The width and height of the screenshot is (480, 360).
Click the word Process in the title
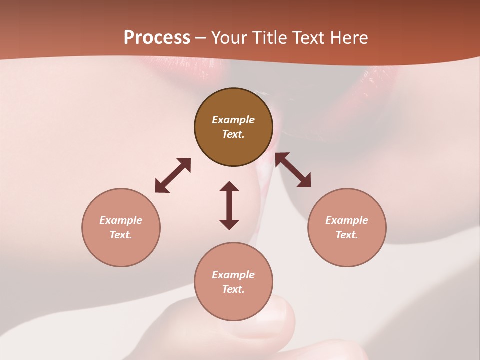pyautogui.click(x=157, y=38)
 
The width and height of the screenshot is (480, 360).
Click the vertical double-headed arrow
pyautogui.click(x=229, y=205)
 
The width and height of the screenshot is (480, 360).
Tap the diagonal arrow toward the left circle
pyautogui.click(x=173, y=175)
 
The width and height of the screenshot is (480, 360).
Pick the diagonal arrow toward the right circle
pyautogui.click(x=293, y=170)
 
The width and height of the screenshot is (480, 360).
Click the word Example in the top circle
pyautogui.click(x=233, y=120)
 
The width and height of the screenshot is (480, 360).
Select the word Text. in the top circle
pyautogui.click(x=233, y=134)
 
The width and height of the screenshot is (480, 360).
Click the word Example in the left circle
pyautogui.click(x=121, y=220)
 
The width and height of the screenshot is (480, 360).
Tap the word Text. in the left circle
pyautogui.click(x=121, y=235)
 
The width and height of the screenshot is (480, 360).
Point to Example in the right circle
pyautogui.click(x=347, y=220)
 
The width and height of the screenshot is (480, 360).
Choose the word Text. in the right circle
pyautogui.click(x=347, y=235)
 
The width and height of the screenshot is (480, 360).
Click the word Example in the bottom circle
pyautogui.click(x=233, y=275)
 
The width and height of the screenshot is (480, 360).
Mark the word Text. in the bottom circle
pyautogui.click(x=233, y=289)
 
